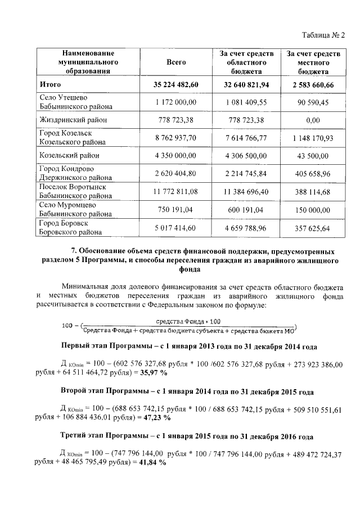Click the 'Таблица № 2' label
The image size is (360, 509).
(322, 35)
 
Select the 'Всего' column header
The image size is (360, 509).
(176, 62)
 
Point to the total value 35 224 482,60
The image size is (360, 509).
(176, 85)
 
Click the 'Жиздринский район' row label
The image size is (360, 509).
(73, 120)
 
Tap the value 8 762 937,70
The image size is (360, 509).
(176, 137)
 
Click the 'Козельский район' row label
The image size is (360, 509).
(69, 155)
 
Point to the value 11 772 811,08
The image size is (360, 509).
(176, 192)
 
